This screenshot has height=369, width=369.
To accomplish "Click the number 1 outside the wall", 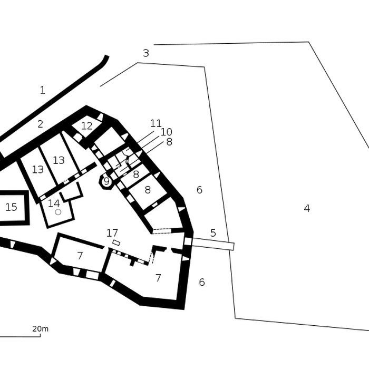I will coord(43,91).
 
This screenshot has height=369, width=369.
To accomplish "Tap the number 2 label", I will coord(40,125).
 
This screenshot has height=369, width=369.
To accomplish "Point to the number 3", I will coord(146,53).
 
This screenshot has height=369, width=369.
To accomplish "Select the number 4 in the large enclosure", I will coord(307,209).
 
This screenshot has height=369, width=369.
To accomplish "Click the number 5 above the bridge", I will coord(213,233).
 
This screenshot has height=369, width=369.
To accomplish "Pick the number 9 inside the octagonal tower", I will coord(106,182).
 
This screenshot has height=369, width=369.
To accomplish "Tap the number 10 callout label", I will coord(167,132).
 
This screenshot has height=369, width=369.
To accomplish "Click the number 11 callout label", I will coord(156,123).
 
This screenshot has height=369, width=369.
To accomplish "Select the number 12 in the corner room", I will coord(86,126).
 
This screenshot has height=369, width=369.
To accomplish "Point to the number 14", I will coord(54,203).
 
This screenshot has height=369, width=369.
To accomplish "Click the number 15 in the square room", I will coord(11,208).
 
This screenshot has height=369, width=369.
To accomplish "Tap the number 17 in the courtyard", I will coord(112,233).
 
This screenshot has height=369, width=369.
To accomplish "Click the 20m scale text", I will coord(40,329).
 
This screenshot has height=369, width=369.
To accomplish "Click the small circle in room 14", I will coord(58,212).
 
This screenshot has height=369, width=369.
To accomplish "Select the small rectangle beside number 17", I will coord(116,242).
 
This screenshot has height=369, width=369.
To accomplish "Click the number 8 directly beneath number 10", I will coord(169,142).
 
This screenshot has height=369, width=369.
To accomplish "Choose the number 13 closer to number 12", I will coord(59,160).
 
